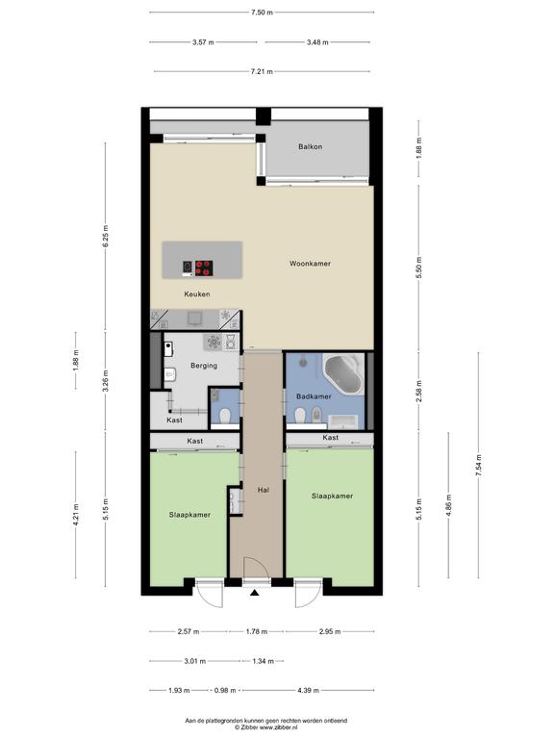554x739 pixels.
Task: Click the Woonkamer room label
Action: pyautogui.click(x=310, y=264)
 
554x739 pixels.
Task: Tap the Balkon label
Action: pyautogui.click(x=311, y=146)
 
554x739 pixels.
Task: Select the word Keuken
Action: pyautogui.click(x=197, y=294)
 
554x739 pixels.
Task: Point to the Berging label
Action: pyautogui.click(x=204, y=366)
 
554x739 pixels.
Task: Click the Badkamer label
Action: pyautogui.click(x=314, y=396)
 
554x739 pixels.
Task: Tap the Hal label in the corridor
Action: pyautogui.click(x=264, y=490)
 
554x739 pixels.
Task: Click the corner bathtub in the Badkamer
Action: pyautogui.click(x=343, y=375)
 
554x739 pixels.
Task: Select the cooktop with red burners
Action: pyautogui.click(x=204, y=268)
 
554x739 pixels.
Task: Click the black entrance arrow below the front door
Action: pyautogui.click(x=254, y=593)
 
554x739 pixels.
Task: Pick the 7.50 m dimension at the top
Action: pyautogui.click(x=262, y=13)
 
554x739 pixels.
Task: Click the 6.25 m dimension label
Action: pyautogui.click(x=106, y=236)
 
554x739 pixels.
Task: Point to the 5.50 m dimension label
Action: pyautogui.click(x=418, y=267)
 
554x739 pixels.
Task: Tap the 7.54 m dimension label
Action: pyautogui.click(x=479, y=465)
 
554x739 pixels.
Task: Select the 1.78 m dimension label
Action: pyautogui.click(x=256, y=631)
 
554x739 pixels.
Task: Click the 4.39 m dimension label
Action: pyautogui.click(x=308, y=691)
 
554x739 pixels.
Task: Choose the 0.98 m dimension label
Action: pyautogui.click(x=225, y=691)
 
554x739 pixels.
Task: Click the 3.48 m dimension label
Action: pyautogui.click(x=317, y=42)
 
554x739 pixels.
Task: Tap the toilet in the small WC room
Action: pyautogui.click(x=225, y=416)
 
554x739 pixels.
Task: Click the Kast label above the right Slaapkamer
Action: pyautogui.click(x=330, y=438)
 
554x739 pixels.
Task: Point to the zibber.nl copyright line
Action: pyautogui.click(x=266, y=727)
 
